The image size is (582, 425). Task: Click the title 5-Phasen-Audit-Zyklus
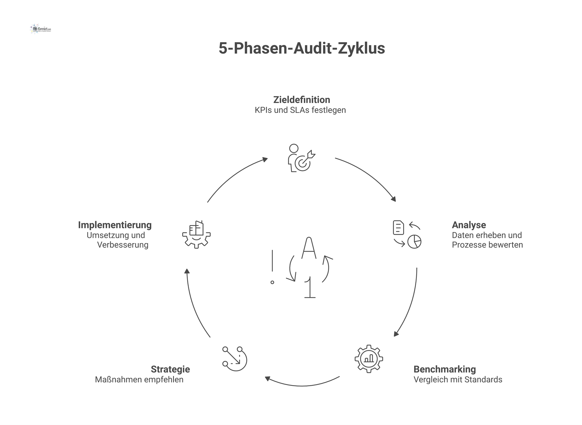click(302, 48)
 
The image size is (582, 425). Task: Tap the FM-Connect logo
click(41, 29)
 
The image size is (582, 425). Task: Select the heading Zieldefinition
click(302, 100)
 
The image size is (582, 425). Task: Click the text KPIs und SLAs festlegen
click(300, 110)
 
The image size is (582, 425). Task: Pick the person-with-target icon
click(301, 158)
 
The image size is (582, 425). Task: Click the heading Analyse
click(469, 225)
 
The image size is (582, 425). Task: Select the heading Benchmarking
click(444, 369)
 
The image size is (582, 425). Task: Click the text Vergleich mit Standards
click(458, 380)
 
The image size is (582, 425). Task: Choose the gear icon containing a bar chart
click(369, 359)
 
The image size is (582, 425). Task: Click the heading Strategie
click(170, 369)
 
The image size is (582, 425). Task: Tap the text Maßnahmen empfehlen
click(139, 380)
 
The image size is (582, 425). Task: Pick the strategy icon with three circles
click(235, 359)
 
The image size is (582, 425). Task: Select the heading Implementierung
click(115, 225)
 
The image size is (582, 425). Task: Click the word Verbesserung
click(123, 245)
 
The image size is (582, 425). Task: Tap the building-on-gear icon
click(196, 234)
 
